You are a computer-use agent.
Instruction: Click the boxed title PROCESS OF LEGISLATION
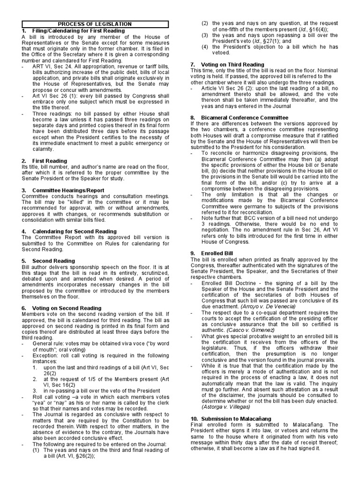(94, 24)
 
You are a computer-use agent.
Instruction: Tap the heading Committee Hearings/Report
(68, 190)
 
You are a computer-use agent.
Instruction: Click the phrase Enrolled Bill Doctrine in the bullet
(226, 283)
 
